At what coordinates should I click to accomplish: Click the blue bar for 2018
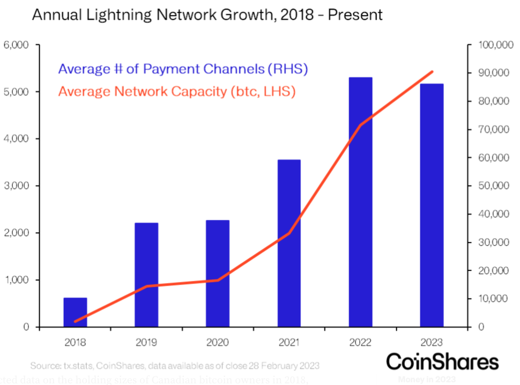pyautogui.click(x=75, y=312)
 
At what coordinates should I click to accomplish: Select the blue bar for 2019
pyautogui.click(x=146, y=275)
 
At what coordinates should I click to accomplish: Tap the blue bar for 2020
pyautogui.click(x=218, y=273)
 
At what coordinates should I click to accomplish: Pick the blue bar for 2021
pyautogui.click(x=289, y=243)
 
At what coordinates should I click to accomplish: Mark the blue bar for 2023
pyautogui.click(x=432, y=205)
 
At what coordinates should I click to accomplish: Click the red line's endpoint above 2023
pyautogui.click(x=433, y=71)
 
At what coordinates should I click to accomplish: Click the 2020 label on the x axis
pyautogui.click(x=218, y=342)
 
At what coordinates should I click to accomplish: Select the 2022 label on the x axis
pyautogui.click(x=360, y=342)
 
